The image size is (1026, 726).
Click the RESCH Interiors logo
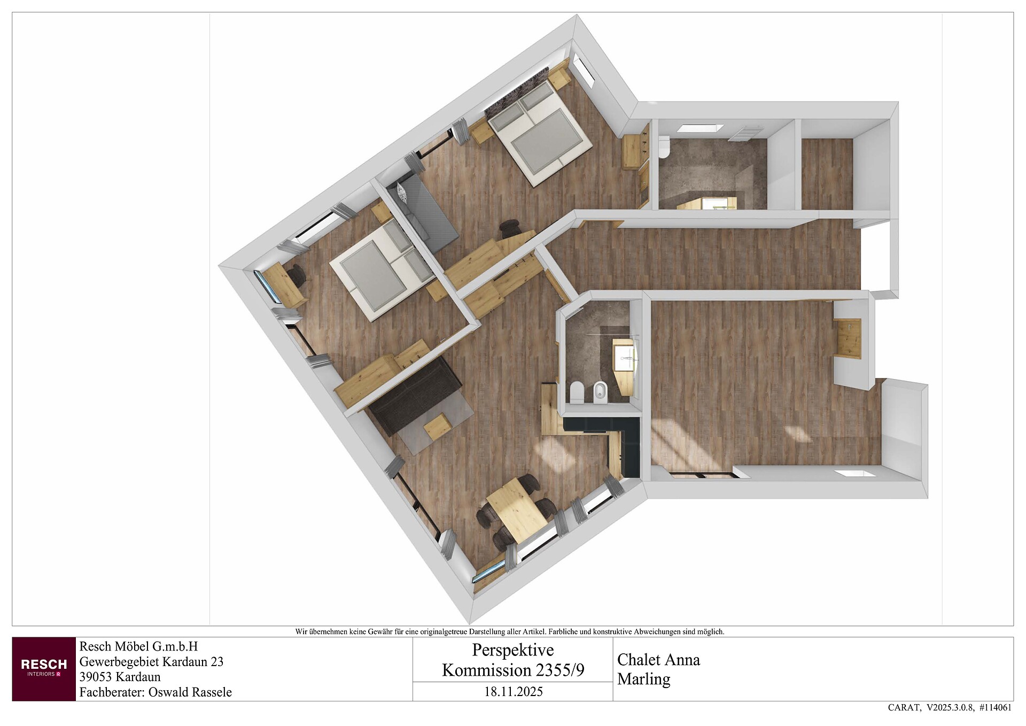tap(44, 668)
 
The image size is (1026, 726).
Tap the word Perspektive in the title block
tap(513, 650)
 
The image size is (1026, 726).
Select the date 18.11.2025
tap(513, 692)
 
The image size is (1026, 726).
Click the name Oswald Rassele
tap(190, 692)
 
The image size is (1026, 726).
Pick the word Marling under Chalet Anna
tap(644, 679)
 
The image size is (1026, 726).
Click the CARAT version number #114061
tap(995, 708)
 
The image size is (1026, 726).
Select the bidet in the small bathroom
tap(600, 392)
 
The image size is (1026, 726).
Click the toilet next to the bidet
tap(577, 392)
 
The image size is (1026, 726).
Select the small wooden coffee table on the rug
tap(438, 427)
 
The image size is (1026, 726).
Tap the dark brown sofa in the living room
tap(415, 397)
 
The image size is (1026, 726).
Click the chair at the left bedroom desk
tap(297, 275)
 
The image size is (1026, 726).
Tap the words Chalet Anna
tap(658, 660)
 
